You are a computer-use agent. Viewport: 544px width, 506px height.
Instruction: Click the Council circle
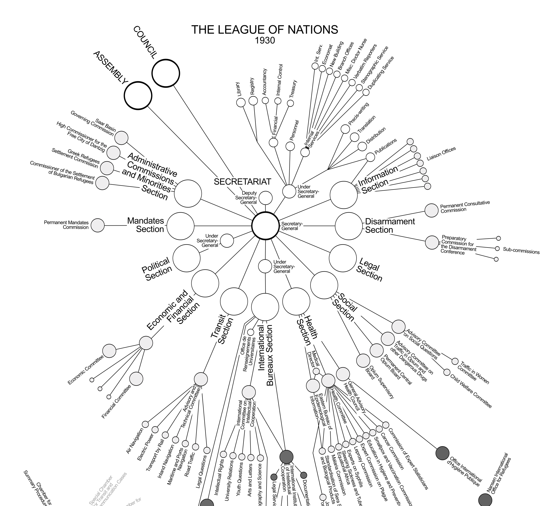coord(166,73)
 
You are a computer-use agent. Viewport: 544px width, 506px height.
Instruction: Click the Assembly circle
coord(138,96)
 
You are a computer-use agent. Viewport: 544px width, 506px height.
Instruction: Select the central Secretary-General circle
coord(265,226)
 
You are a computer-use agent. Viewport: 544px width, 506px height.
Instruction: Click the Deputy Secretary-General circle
coord(265,198)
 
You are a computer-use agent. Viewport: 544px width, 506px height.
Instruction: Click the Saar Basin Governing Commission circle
coord(121,138)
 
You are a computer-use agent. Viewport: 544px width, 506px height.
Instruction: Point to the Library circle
coord(241,103)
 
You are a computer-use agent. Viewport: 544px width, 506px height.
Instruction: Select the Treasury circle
coord(290,103)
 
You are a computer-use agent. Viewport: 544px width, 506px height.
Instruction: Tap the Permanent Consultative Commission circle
coord(431,210)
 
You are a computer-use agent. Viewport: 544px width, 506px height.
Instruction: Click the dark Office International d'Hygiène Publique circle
coord(442,453)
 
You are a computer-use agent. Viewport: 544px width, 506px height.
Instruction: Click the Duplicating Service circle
coord(366,92)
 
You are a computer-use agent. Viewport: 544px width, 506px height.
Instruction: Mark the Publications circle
coord(370,157)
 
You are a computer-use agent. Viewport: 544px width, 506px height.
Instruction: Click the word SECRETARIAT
coord(242,182)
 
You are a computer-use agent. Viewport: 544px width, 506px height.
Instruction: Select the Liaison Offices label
coord(441,154)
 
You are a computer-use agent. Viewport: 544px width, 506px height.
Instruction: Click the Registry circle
coord(253,101)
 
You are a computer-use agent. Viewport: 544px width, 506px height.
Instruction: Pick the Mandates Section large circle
coord(180,226)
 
